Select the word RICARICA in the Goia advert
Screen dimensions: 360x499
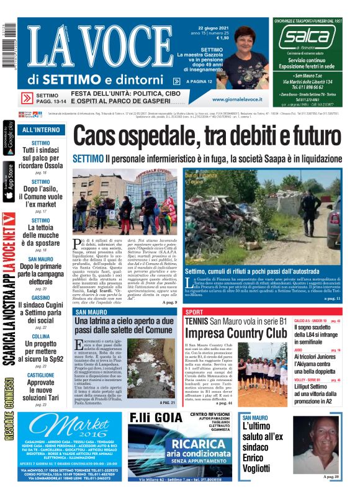click(x=184, y=444)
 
